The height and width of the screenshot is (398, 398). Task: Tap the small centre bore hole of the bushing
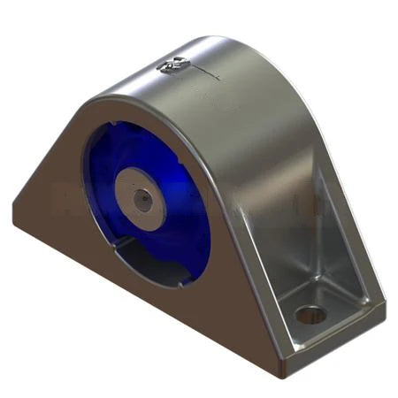point(142,198)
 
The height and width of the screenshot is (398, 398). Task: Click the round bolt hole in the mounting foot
point(310,314)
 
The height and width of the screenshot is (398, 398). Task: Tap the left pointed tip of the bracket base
point(15,210)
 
